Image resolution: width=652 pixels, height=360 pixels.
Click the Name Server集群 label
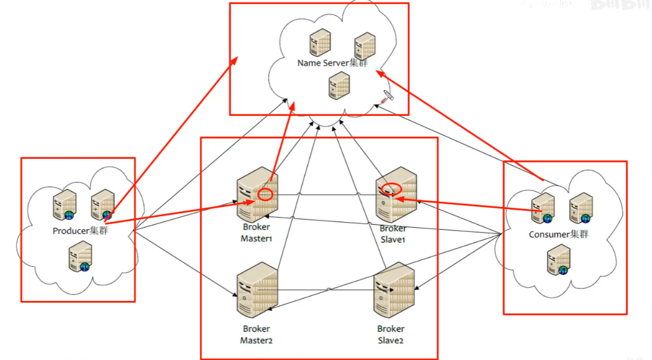(332, 63)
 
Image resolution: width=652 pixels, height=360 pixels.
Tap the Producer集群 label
(80, 231)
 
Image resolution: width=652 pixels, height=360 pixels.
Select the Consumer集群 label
(558, 235)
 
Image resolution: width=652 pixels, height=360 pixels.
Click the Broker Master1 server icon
(256, 195)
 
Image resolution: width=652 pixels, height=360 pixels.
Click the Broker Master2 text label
(256, 335)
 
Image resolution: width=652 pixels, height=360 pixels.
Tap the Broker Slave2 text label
(391, 335)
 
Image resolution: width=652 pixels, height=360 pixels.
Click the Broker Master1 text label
(256, 233)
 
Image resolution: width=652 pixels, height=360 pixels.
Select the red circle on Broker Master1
(266, 194)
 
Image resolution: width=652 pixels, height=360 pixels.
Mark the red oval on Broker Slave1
(391, 188)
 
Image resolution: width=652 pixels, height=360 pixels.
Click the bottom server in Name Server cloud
(339, 85)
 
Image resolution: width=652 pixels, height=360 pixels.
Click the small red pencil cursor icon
(386, 96)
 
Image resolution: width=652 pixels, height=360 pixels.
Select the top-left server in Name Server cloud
(319, 43)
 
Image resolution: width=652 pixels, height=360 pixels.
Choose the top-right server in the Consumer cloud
(580, 207)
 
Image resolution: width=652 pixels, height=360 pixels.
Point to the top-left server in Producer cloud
(65, 204)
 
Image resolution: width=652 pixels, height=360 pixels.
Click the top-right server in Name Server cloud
(364, 46)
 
